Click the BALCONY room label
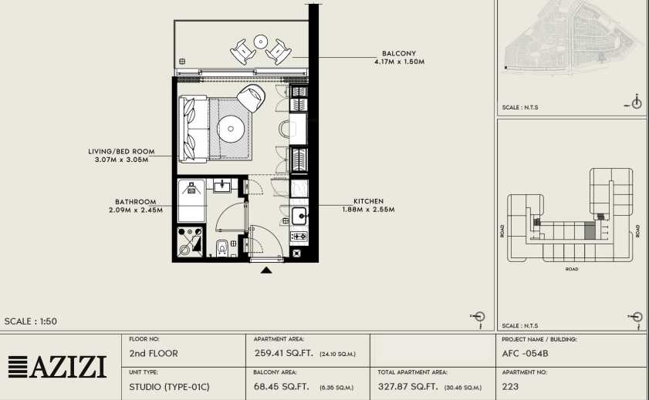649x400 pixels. (x=399, y=53)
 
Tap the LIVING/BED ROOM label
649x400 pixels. (x=121, y=152)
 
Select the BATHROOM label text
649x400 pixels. (x=136, y=202)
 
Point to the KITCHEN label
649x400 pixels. (x=368, y=201)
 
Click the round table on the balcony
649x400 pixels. (x=261, y=42)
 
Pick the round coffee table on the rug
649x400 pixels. (x=231, y=129)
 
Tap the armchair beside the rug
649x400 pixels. (x=251, y=98)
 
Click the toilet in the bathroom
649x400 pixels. (x=222, y=247)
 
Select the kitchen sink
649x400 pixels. (x=299, y=216)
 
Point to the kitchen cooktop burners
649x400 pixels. (x=299, y=237)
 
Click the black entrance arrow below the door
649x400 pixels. (x=266, y=271)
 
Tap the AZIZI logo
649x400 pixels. (x=57, y=367)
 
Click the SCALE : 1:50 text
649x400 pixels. (x=31, y=321)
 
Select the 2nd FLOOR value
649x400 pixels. (x=154, y=354)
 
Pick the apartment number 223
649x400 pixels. (x=510, y=386)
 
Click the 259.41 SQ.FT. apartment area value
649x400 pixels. (x=283, y=354)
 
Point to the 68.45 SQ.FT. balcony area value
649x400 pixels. (x=281, y=387)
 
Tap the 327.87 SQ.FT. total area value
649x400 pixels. (x=407, y=387)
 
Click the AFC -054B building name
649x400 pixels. (x=526, y=354)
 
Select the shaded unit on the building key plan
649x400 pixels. (x=589, y=230)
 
